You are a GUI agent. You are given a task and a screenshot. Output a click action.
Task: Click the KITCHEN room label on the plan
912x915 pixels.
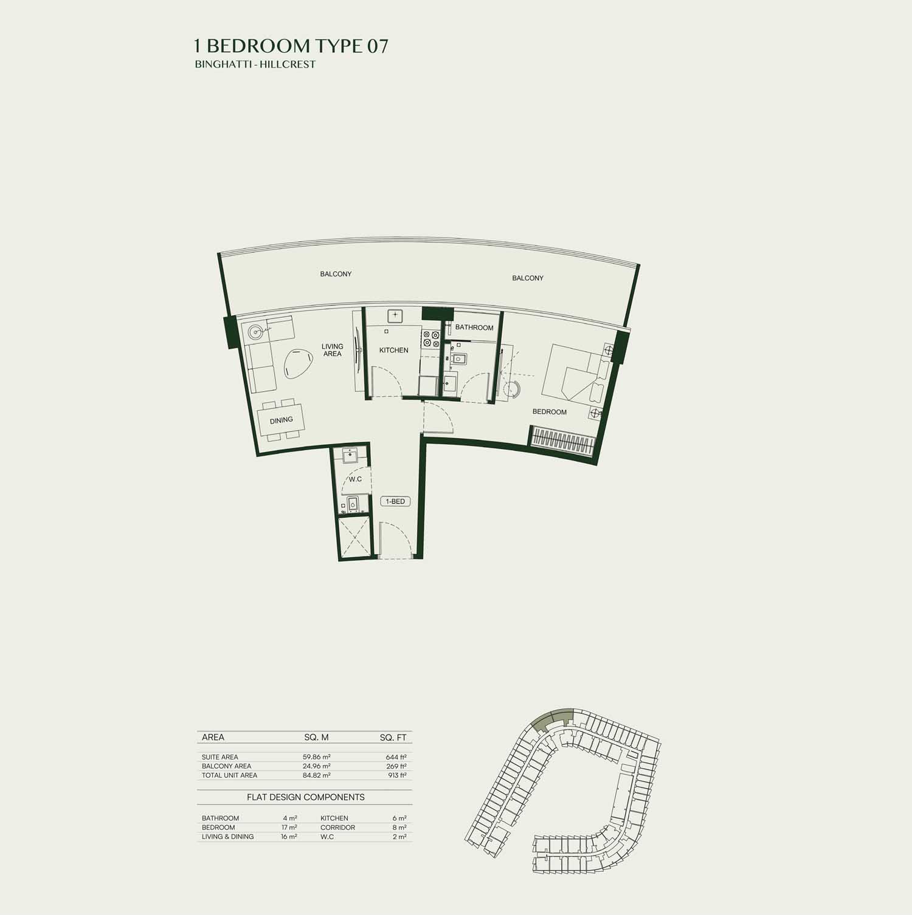pos(394,350)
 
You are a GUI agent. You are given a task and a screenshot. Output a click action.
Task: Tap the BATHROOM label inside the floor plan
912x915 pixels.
pos(474,327)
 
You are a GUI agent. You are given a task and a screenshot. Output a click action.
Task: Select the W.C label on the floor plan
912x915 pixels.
pos(355,479)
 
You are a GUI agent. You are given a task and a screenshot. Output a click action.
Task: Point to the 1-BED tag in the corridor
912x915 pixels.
pos(395,501)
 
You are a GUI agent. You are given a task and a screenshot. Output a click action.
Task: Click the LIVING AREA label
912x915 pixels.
pos(333,350)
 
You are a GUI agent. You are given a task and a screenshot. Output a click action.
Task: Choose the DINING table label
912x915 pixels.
pos(282,420)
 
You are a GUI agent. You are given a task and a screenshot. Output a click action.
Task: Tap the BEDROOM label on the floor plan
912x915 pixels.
pos(550,412)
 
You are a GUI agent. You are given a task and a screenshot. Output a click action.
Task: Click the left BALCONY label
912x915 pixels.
pos(336,274)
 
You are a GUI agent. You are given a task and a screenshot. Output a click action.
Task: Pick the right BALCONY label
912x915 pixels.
pos(528,278)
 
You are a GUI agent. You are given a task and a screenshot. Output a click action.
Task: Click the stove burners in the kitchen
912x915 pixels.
pos(431,338)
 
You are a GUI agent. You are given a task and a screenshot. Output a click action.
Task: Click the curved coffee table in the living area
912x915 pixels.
pos(298,364)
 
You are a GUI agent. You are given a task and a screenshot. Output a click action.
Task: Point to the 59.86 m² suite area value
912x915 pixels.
pos(317,757)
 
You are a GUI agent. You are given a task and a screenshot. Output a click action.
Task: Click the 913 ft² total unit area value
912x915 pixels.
pos(396,775)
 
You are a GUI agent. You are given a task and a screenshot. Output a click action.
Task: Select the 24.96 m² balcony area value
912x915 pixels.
pos(317,766)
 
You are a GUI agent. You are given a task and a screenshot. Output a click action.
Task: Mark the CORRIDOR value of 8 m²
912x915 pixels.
pos(399,828)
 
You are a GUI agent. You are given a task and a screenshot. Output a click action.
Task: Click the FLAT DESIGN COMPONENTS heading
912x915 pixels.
pos(306,797)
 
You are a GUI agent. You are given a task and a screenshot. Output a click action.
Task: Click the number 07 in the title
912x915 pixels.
pos(377,46)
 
